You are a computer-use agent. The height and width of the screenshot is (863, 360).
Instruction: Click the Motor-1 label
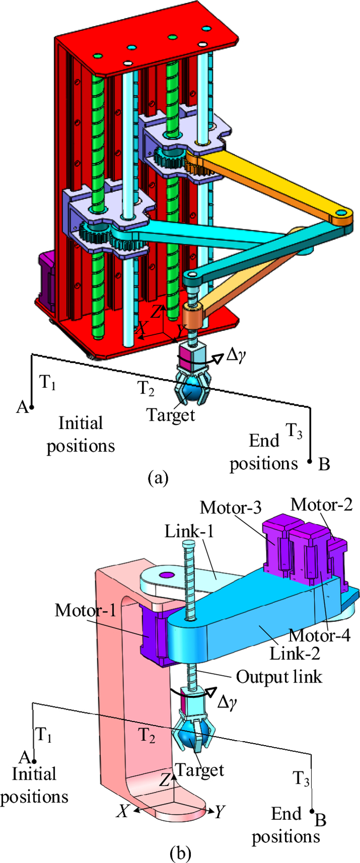pos(86,610)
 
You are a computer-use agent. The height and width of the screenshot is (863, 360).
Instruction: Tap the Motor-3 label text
pos(230,508)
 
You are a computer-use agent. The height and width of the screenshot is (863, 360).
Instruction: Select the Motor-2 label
pos(321,505)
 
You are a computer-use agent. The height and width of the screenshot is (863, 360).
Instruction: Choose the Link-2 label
pos(295,653)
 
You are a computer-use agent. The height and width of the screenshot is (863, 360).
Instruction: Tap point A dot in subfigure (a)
pos(32,407)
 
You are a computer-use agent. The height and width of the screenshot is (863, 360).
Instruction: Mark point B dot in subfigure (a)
pos(310,461)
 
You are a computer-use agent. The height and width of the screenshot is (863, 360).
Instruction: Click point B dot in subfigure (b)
pos(312,812)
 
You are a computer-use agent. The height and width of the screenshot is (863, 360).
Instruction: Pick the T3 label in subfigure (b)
pos(301,779)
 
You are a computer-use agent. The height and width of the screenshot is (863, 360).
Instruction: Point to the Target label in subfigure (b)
pos(200,770)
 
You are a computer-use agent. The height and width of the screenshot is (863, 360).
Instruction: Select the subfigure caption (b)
pos(179,853)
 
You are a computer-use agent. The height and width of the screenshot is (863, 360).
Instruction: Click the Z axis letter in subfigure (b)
pos(164,780)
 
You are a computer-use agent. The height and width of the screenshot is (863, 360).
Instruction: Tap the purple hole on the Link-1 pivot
pos(165,575)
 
